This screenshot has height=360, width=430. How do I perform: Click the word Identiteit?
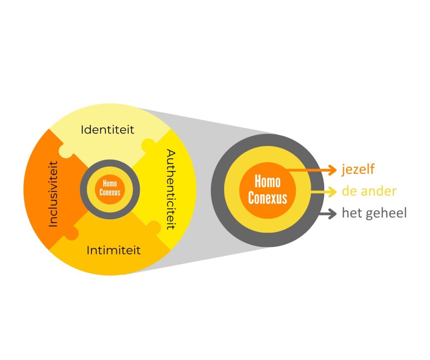(107, 129)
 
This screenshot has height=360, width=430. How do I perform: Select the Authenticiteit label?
(170, 189)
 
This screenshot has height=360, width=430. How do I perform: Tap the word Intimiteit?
(113, 251)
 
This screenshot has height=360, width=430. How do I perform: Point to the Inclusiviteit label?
(53, 194)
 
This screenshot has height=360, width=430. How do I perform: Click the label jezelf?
(358, 170)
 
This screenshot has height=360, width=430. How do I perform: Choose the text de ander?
(369, 191)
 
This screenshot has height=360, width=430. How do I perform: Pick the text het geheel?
(374, 213)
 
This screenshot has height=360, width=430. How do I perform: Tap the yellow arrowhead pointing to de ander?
(333, 192)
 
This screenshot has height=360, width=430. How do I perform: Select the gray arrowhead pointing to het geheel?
(333, 214)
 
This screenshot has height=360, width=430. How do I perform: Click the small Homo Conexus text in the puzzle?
(110, 188)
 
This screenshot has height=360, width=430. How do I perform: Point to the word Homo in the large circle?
(267, 182)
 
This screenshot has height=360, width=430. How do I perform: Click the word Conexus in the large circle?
(267, 198)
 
